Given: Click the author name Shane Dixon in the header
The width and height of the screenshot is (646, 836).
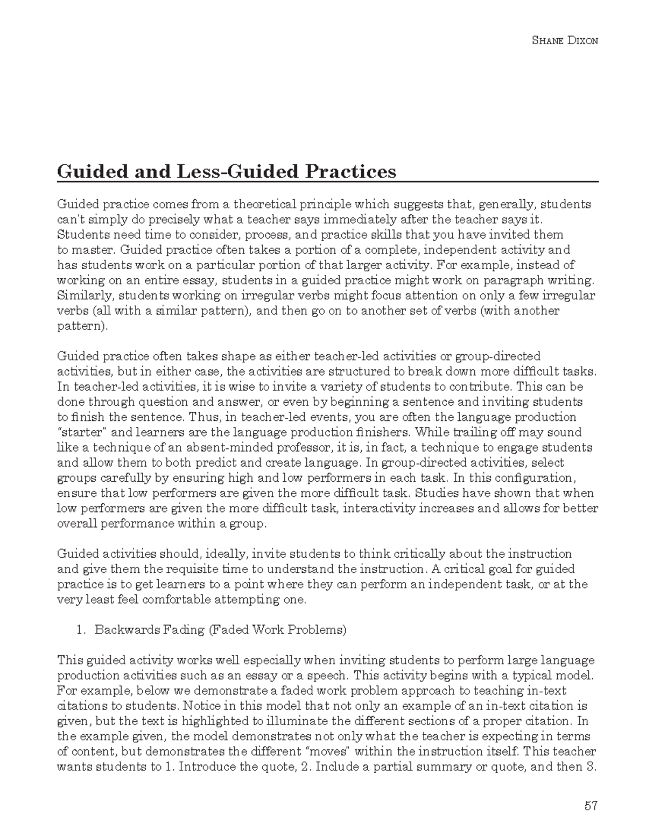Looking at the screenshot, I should coord(565,41).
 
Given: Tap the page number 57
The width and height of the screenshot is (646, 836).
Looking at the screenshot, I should coord(591,806).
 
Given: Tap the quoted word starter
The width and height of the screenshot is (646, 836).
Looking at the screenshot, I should coord(76,432).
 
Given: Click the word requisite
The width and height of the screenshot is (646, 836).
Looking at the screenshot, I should coord(191,569).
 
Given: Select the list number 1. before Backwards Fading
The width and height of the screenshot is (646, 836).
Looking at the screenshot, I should coord(81,630).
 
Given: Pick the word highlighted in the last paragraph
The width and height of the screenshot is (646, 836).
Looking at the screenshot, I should coord(203,721).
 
